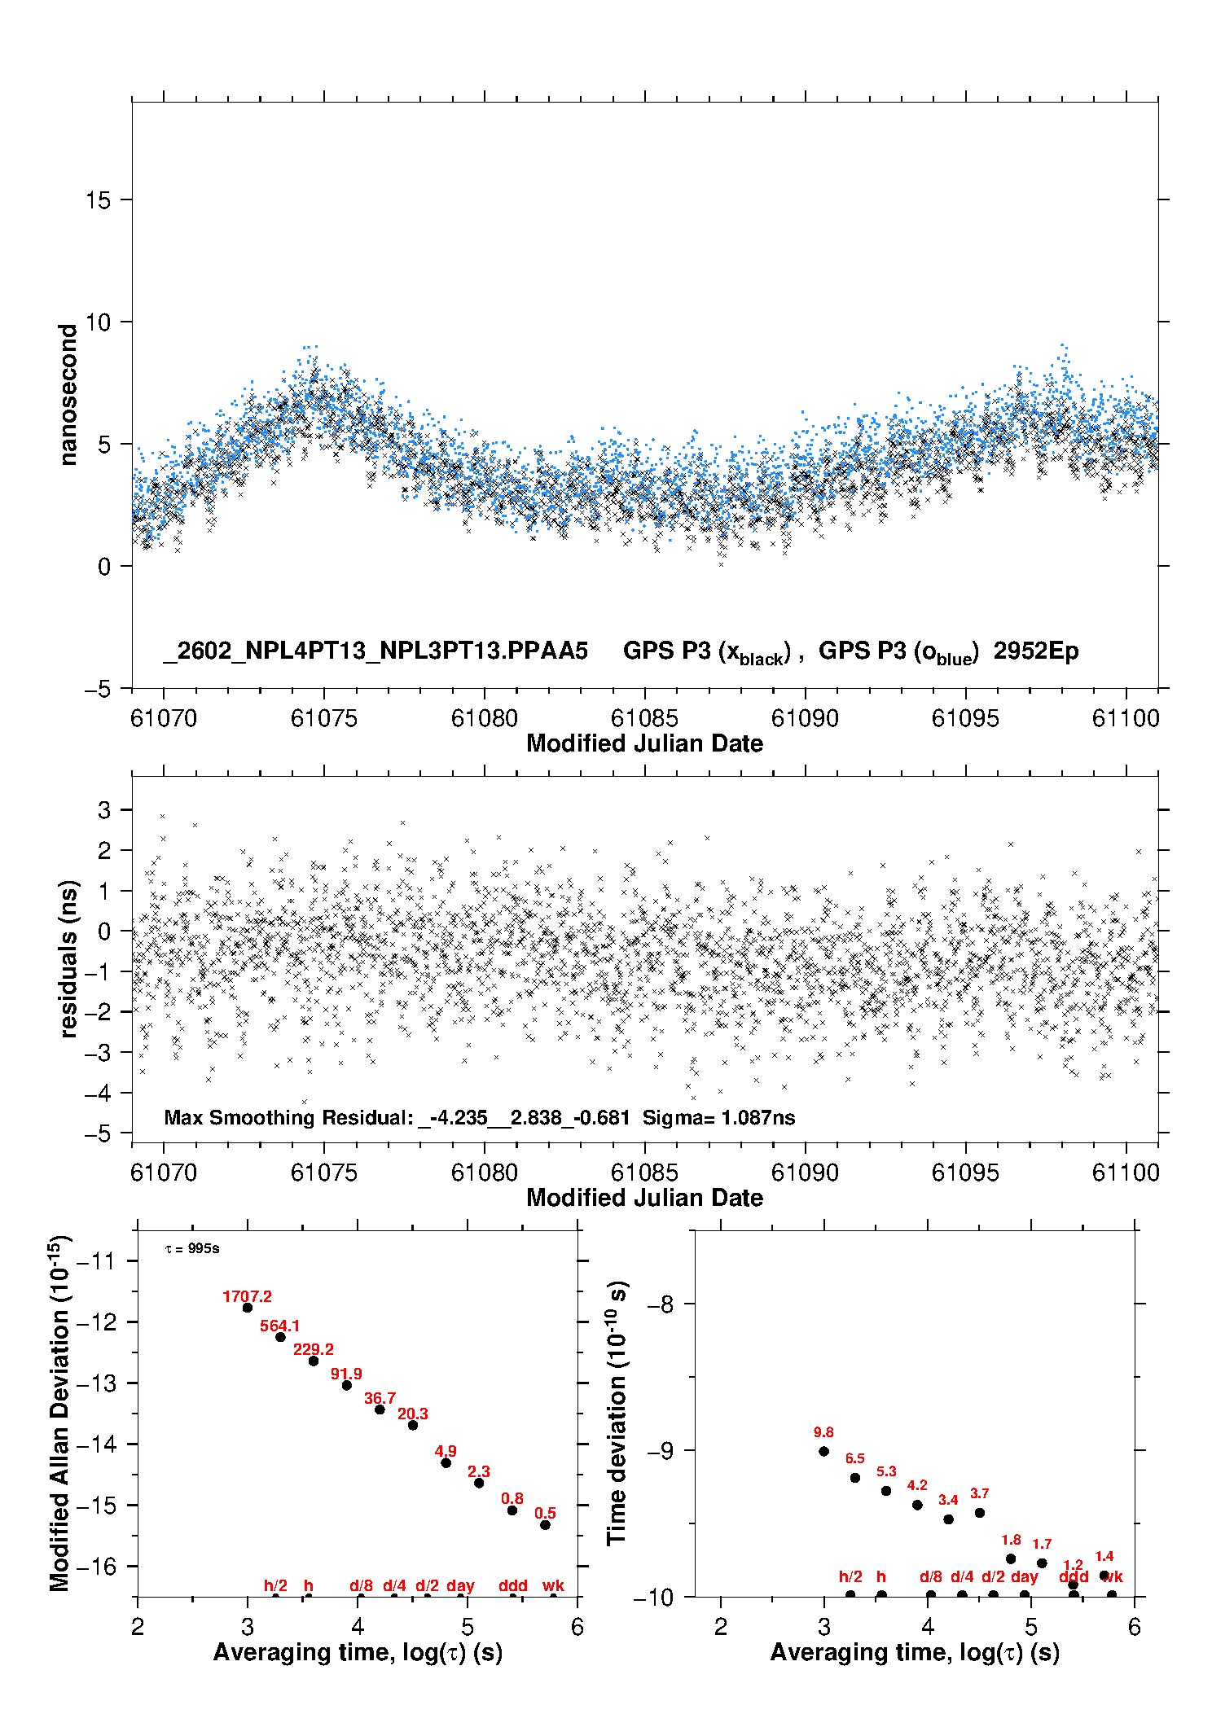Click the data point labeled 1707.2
248,1307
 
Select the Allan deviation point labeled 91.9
346,1385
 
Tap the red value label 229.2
314,1349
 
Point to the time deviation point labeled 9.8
823,1451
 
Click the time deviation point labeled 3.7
980,1513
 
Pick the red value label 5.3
886,1471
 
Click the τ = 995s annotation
192,1249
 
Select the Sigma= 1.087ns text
718,1117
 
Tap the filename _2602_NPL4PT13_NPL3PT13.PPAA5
375,651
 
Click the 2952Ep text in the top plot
1036,651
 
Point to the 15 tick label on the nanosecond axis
98,200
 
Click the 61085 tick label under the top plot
644,718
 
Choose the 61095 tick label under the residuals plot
965,1173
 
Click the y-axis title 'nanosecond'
68,395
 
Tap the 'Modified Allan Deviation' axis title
59,1413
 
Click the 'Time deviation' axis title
617,1413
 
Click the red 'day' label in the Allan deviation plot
460,1585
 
